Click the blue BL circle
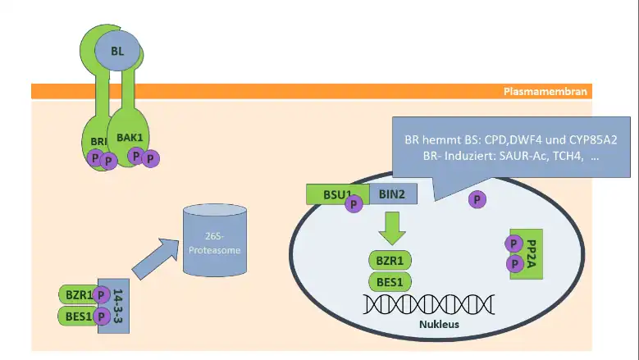point(117,51)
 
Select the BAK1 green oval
point(128,136)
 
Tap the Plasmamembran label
point(545,91)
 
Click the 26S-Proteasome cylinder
point(215,240)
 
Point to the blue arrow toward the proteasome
point(156,259)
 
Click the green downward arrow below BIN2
point(392,228)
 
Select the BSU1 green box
point(337,194)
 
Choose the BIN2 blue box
point(393,194)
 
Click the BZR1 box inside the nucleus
point(390,260)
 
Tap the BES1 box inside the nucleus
point(390,282)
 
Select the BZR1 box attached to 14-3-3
point(80,294)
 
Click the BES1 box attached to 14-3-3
point(79,316)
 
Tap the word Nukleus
point(440,324)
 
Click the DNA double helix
point(429,304)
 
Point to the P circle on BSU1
point(354,203)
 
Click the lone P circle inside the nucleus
point(477,199)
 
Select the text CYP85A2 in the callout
point(593,139)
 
